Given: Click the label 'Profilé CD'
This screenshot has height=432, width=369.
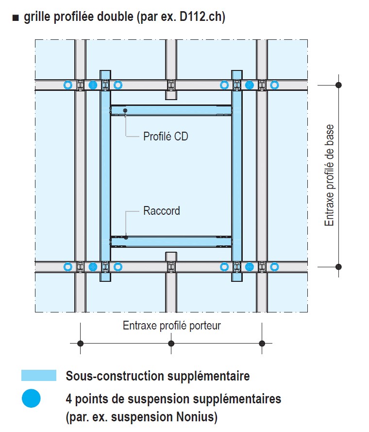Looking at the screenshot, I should pyautogui.click(x=166, y=137).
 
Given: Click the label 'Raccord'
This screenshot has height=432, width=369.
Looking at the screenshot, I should pyautogui.click(x=162, y=211).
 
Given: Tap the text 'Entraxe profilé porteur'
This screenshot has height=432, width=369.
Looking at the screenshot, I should pyautogui.click(x=171, y=326).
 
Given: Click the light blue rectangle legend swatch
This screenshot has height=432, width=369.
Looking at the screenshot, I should pyautogui.click(x=39, y=376).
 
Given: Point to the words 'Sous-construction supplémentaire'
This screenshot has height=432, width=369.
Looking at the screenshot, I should pyautogui.click(x=158, y=376).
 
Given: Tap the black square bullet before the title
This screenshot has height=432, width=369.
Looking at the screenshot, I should pyautogui.click(x=16, y=18).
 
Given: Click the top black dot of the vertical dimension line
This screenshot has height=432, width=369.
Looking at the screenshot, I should pyautogui.click(x=339, y=85).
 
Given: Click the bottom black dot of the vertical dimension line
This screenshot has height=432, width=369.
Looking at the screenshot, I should pyautogui.click(x=339, y=267).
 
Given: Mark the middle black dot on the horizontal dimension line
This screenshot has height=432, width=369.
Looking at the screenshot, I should pyautogui.click(x=171, y=344).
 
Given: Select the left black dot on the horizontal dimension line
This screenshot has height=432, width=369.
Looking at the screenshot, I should pyautogui.click(x=81, y=344).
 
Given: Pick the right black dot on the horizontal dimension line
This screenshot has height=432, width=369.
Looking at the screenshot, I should pyautogui.click(x=262, y=344).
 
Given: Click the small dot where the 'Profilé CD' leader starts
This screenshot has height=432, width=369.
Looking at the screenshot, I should pyautogui.click(x=125, y=111).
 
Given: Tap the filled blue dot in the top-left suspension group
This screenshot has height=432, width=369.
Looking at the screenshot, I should pyautogui.click(x=93, y=85).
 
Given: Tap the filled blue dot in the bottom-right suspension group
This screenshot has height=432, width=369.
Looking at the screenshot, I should pyautogui.click(x=250, y=267).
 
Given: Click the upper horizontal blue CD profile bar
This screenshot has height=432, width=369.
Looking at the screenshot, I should pyautogui.click(x=171, y=110).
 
